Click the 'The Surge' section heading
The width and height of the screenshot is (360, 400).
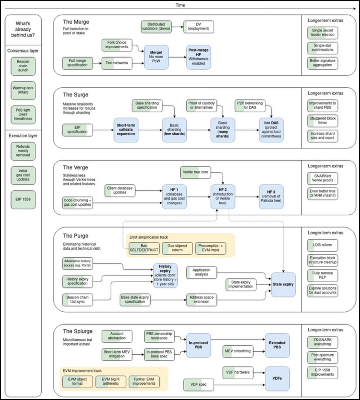76,94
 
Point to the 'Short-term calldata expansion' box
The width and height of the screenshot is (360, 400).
129,129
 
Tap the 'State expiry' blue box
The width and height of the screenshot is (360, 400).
286,285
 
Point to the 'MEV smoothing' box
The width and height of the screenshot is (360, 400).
237,350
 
